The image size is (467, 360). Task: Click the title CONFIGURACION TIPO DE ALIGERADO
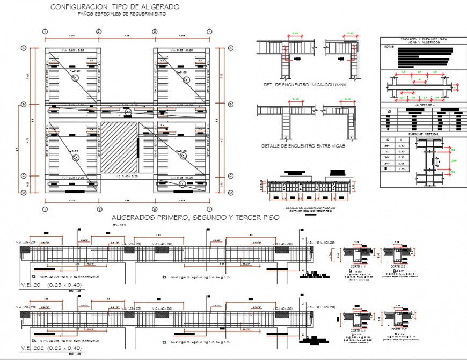115,6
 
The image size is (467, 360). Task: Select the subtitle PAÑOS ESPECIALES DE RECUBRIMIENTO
121,14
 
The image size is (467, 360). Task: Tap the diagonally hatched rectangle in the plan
119,147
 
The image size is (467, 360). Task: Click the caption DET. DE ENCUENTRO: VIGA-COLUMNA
304,85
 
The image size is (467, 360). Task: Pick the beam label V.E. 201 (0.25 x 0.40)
43,284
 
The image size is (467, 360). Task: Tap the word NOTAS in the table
389,47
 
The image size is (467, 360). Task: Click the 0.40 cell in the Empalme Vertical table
400,145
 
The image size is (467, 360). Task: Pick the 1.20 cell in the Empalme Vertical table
400,169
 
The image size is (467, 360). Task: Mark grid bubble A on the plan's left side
24,48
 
